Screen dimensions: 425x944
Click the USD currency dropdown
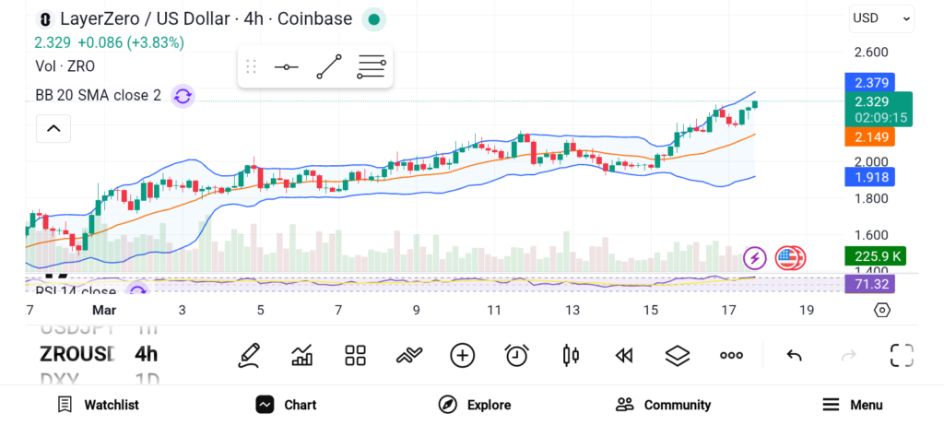(x=881, y=18)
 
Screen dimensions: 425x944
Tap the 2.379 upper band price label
(x=871, y=83)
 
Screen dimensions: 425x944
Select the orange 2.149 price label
(x=871, y=136)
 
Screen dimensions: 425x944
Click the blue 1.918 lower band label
(x=871, y=177)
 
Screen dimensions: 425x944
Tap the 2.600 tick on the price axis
(x=871, y=53)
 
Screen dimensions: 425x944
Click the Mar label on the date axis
(x=104, y=310)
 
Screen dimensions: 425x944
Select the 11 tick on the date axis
(x=495, y=310)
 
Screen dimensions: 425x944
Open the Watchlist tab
(x=98, y=405)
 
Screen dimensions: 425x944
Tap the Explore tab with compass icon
(x=474, y=405)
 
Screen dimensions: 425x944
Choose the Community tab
(x=663, y=405)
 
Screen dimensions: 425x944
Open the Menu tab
(x=852, y=405)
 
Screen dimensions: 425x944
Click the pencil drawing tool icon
(x=248, y=355)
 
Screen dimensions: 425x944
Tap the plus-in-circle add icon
(x=462, y=355)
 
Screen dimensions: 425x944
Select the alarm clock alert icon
(x=516, y=355)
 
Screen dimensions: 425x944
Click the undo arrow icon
(x=794, y=355)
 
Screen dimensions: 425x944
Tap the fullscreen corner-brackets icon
(x=901, y=355)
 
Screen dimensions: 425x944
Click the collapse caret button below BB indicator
(x=53, y=128)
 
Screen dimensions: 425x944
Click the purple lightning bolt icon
(x=755, y=258)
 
